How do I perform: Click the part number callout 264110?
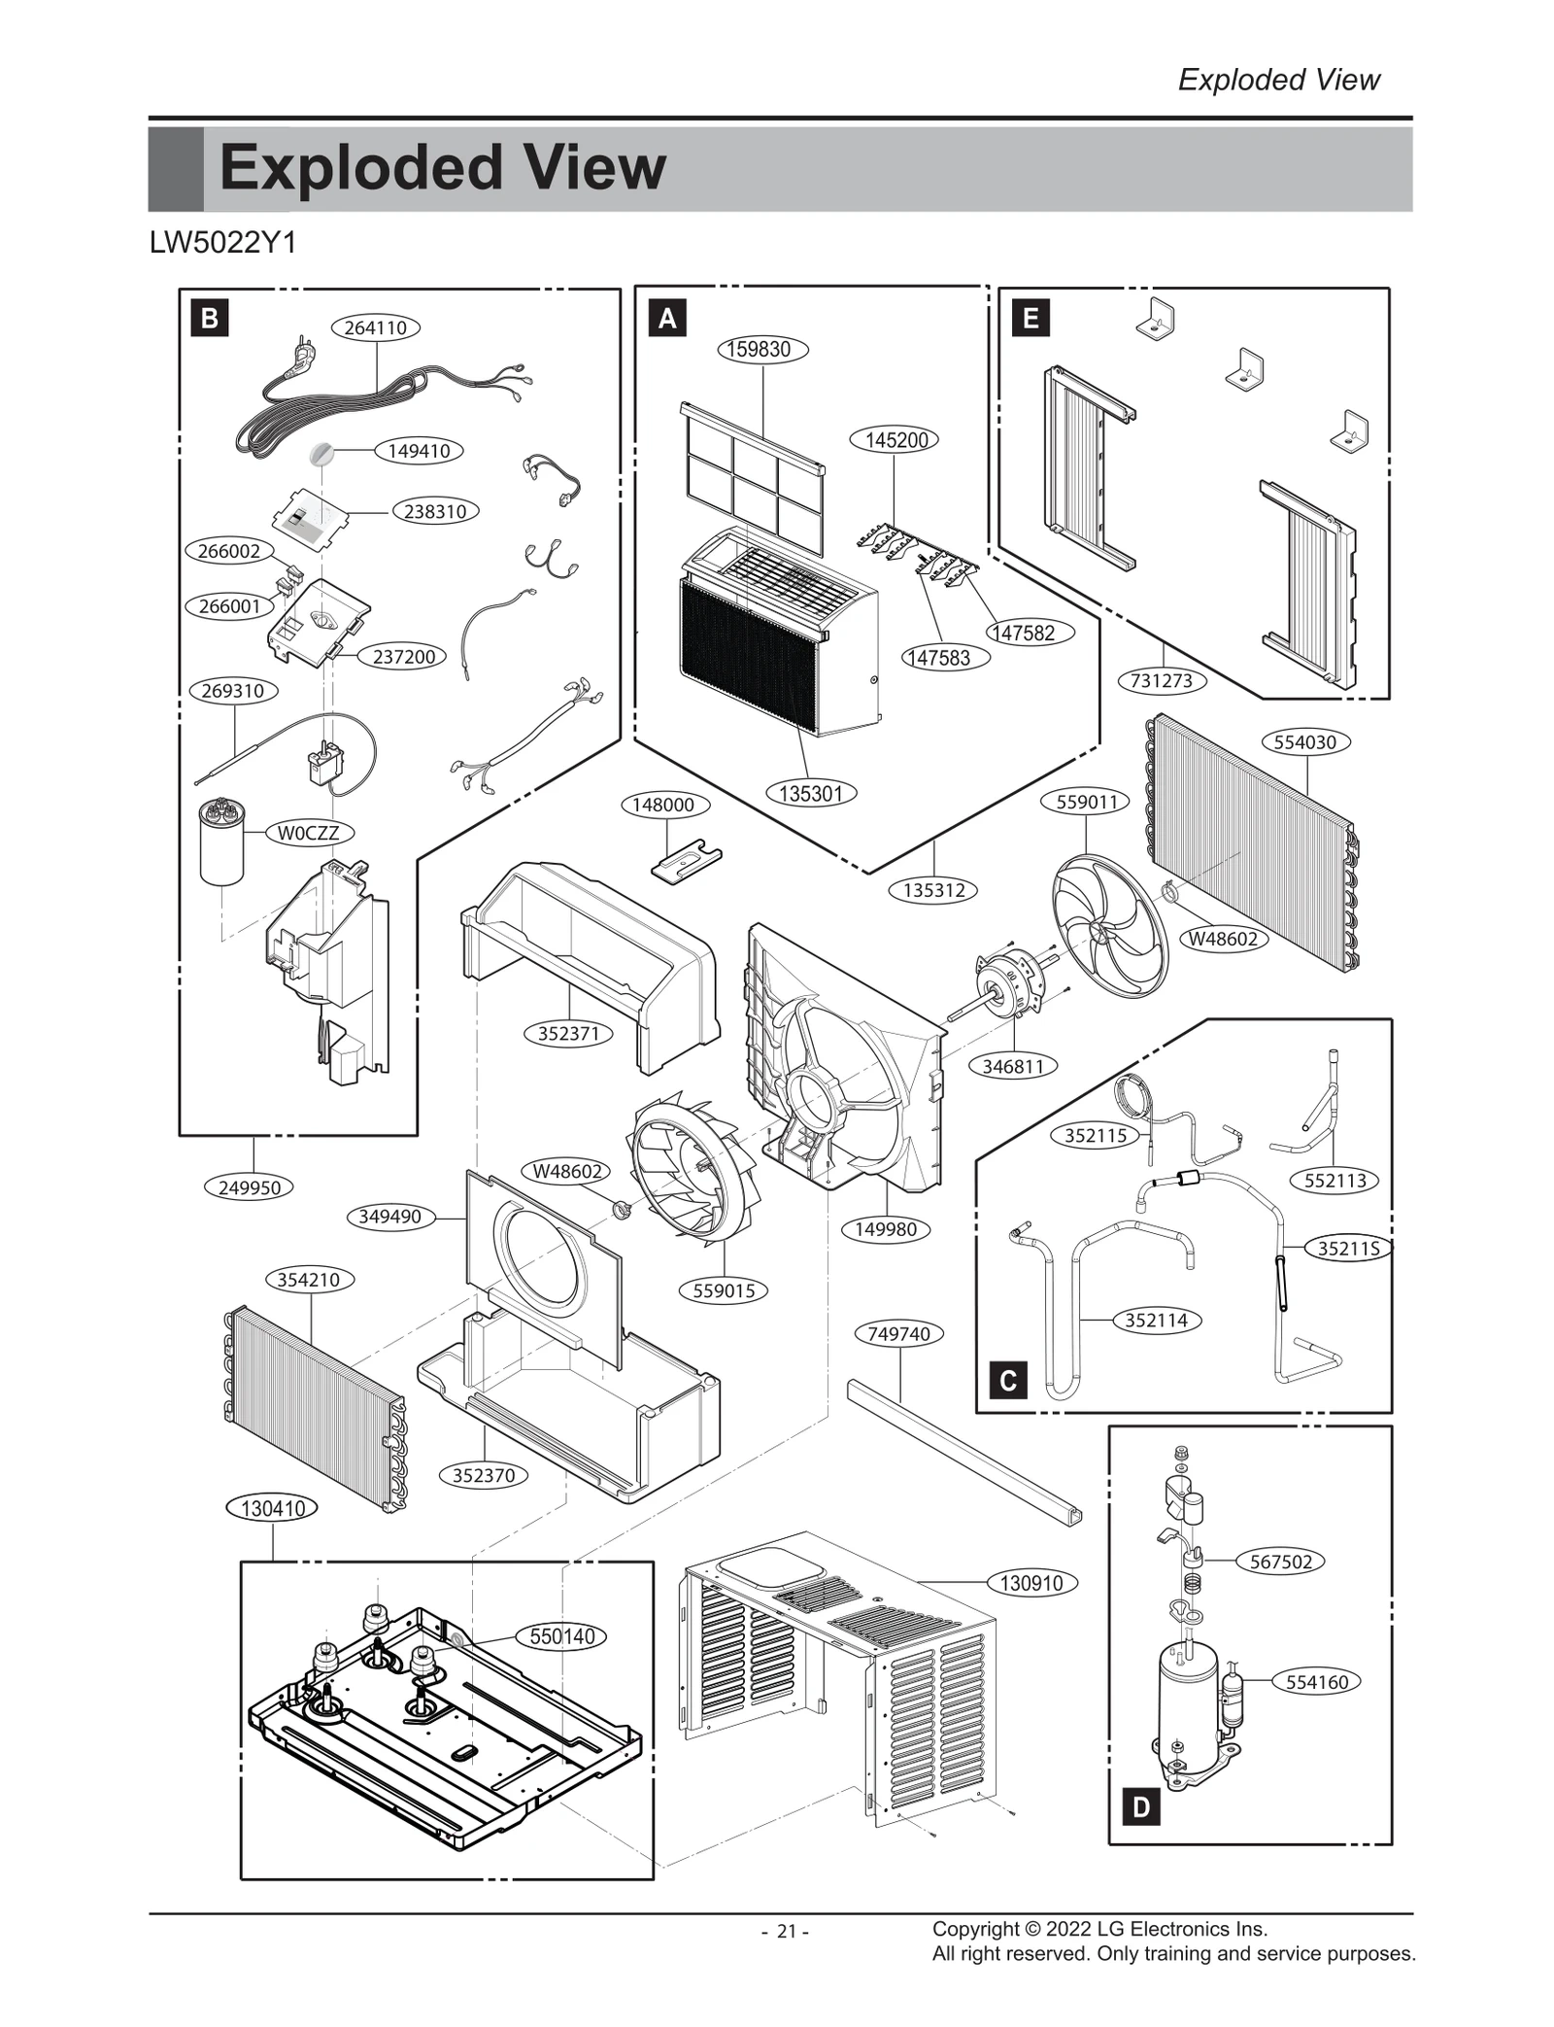376,327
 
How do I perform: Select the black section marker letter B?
210,318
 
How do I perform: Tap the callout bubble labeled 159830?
762,349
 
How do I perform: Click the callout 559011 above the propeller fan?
1087,802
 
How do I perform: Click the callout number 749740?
898,1333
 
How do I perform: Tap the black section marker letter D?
1141,1807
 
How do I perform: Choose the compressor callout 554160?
1316,1682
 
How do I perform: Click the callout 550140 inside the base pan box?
561,1636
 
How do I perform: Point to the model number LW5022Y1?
222,243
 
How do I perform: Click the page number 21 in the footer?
785,1932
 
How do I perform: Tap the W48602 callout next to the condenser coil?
1223,939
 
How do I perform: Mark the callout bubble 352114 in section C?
1156,1320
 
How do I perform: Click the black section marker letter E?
1030,318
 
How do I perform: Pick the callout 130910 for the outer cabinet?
1031,1583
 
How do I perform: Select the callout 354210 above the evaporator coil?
309,1280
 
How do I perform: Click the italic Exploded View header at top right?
1278,80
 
